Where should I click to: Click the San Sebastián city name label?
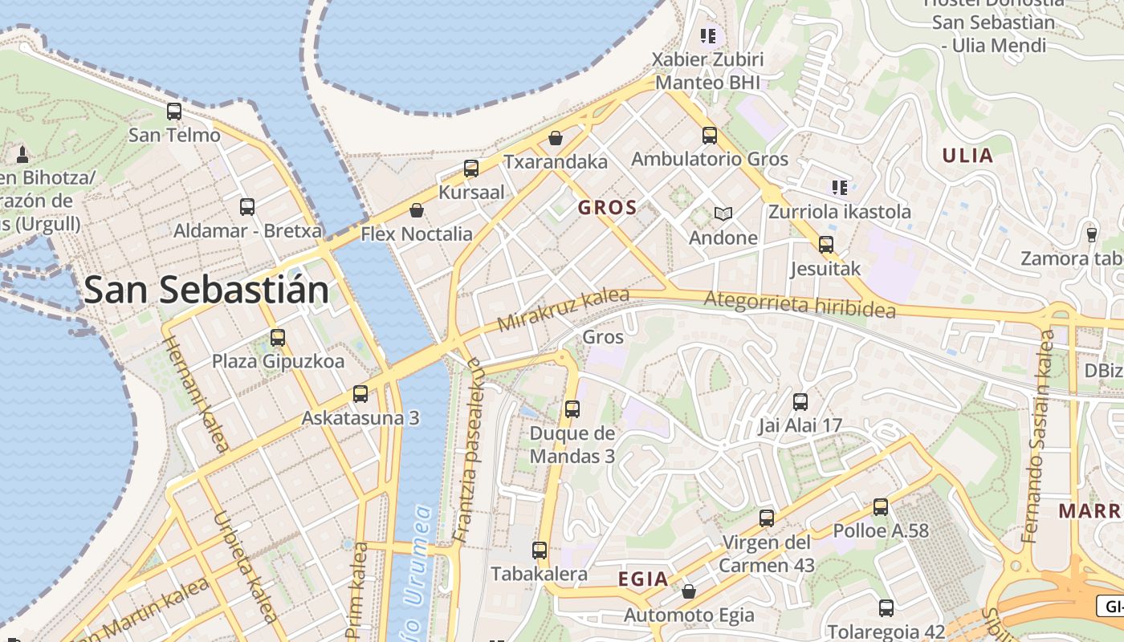click(206, 290)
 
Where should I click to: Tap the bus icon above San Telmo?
click(174, 112)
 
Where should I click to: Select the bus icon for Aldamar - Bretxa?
click(247, 207)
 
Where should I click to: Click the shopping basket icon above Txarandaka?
click(555, 138)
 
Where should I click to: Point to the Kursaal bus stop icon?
click(471, 169)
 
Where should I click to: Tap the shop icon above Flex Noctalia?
click(417, 211)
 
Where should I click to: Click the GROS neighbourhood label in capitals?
click(608, 208)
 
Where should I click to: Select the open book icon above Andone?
click(723, 214)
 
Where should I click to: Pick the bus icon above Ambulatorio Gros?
click(710, 135)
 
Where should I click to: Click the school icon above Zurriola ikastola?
click(840, 188)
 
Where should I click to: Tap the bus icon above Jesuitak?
click(825, 245)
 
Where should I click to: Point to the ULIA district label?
click(968, 156)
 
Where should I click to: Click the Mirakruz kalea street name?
click(564, 310)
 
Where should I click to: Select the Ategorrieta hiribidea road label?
click(800, 305)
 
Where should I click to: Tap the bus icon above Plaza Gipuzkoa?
click(278, 338)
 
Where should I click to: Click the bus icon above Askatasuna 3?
click(360, 394)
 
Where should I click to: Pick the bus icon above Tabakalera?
click(540, 551)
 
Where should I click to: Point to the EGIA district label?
click(643, 579)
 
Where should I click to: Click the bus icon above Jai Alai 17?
click(800, 402)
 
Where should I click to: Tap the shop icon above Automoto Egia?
click(689, 592)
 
